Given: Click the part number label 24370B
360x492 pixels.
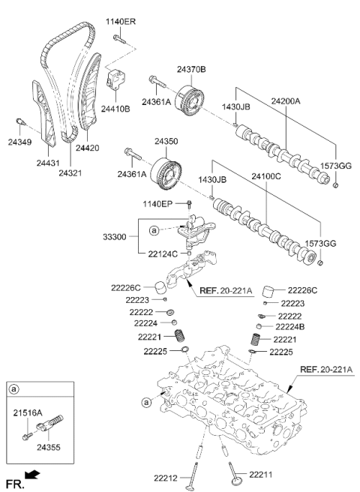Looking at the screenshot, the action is coord(191,69).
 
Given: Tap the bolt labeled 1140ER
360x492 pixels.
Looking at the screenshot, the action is coord(119,39).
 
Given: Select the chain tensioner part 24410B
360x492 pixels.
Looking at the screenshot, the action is coord(115,79).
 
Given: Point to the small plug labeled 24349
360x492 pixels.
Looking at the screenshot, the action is coord(20,121).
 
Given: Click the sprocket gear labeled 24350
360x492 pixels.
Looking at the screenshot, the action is coord(166,173).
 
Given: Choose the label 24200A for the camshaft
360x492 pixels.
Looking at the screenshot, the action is coord(286,101).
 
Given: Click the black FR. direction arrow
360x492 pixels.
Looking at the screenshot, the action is coord(32,475).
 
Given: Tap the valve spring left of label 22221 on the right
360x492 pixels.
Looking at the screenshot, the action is coord(256,340).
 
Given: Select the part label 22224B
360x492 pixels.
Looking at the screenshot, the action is coord(290,327).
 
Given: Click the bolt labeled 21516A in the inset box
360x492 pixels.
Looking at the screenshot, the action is coord(27,436).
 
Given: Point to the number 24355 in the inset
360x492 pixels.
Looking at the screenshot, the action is coord(48,447).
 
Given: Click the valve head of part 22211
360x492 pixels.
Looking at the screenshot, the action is coord(236,481).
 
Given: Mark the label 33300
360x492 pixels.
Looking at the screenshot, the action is coord(115,236).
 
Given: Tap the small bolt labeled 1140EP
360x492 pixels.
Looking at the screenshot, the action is coord(189,204).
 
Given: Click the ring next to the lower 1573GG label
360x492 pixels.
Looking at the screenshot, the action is coord(319,262).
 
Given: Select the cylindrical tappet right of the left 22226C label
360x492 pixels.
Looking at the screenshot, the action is coord(160,288).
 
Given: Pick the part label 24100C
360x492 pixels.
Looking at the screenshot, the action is coord(266,177).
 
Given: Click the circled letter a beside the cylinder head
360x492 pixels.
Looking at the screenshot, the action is coord(146,402).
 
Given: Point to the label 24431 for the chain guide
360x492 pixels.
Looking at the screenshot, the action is coord(48,163).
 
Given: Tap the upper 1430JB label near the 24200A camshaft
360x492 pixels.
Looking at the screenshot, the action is coord(236,106).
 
